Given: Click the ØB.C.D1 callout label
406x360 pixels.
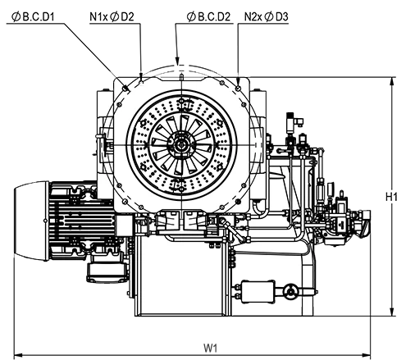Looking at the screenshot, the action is pos(33,17).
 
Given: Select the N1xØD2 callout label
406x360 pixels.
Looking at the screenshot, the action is pos(112,17).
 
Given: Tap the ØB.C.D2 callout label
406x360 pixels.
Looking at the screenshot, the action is pos(208,17).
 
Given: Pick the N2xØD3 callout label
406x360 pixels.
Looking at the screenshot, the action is pos(266,17).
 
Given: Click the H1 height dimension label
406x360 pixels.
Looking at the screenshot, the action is pos(391,197).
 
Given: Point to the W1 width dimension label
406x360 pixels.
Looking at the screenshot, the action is pos(211,348).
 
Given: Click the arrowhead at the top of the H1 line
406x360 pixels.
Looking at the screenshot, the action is pos(393,81).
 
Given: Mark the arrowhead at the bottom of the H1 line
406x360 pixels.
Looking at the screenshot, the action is pos(393,312).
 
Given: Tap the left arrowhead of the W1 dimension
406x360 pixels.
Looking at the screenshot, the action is pos(18,355).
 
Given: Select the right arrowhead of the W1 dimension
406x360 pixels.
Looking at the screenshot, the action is pos(367,355).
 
